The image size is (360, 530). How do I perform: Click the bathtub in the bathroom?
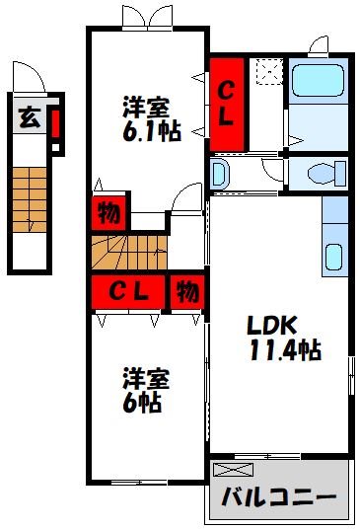318,81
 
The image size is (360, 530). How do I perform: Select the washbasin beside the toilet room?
219,174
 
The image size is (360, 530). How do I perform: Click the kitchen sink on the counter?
333,257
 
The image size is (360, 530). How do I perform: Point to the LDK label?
272,325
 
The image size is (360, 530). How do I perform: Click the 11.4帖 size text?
286,349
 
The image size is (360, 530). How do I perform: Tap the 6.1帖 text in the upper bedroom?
152,130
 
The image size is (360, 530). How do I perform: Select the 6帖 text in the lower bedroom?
141,403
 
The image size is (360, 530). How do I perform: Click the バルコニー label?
279,496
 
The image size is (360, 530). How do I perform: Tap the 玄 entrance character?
30,118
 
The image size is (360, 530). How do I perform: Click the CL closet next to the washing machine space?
227,105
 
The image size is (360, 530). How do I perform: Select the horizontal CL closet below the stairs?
128,292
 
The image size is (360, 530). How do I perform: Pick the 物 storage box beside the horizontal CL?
187,292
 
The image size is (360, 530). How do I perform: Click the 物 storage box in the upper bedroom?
108,212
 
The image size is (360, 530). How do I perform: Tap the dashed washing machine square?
269,71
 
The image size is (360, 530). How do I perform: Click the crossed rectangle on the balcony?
233,470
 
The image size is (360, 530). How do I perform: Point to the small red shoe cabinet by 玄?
55,123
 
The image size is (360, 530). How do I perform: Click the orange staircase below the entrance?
30,199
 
